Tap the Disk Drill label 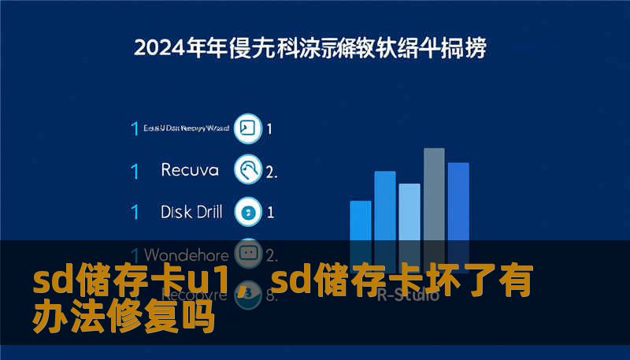[x=191, y=212]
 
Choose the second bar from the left [x=385, y=205]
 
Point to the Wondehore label [x=187, y=255]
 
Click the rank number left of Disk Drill [x=135, y=213]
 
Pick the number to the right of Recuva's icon [x=272, y=171]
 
